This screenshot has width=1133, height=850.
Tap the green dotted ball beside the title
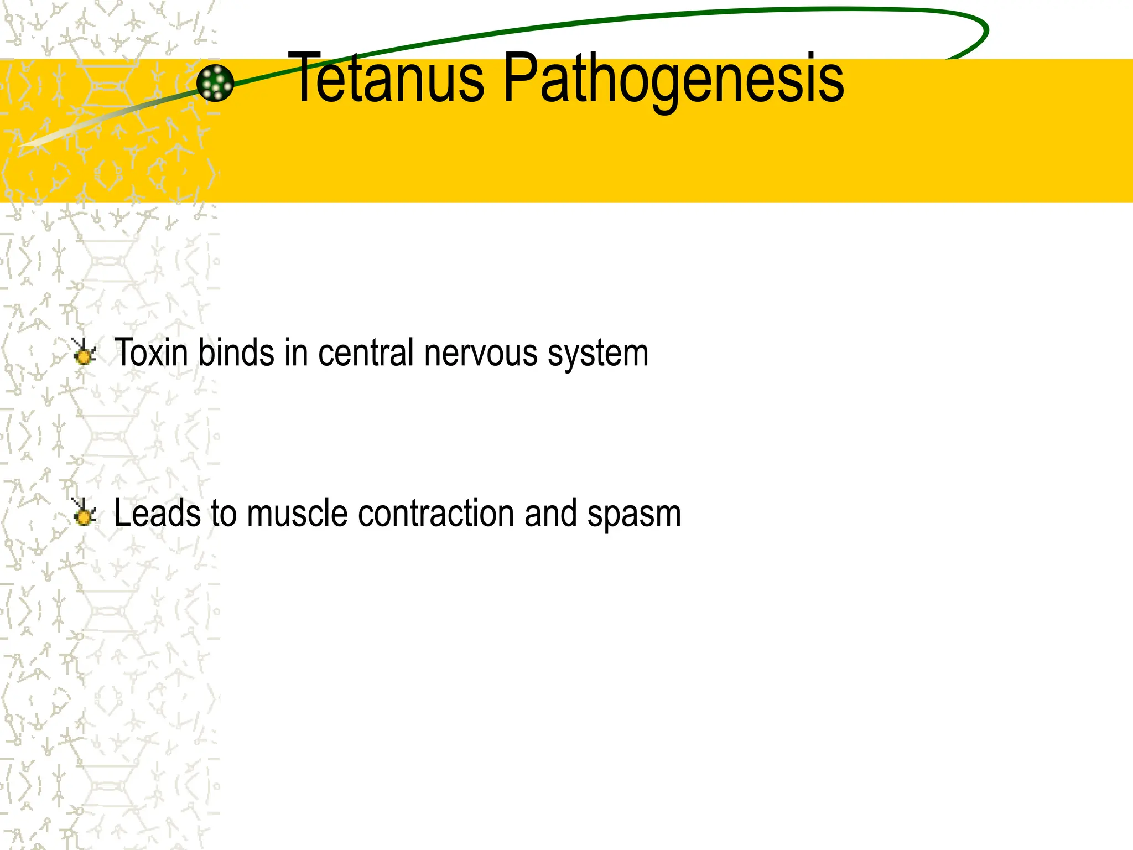click(215, 83)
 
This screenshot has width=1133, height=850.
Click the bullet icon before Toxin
click(84, 353)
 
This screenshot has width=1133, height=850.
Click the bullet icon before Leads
click(84, 512)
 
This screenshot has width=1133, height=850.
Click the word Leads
click(157, 513)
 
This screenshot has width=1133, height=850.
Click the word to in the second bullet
click(224, 513)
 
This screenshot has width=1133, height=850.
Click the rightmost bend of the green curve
click(986, 31)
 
